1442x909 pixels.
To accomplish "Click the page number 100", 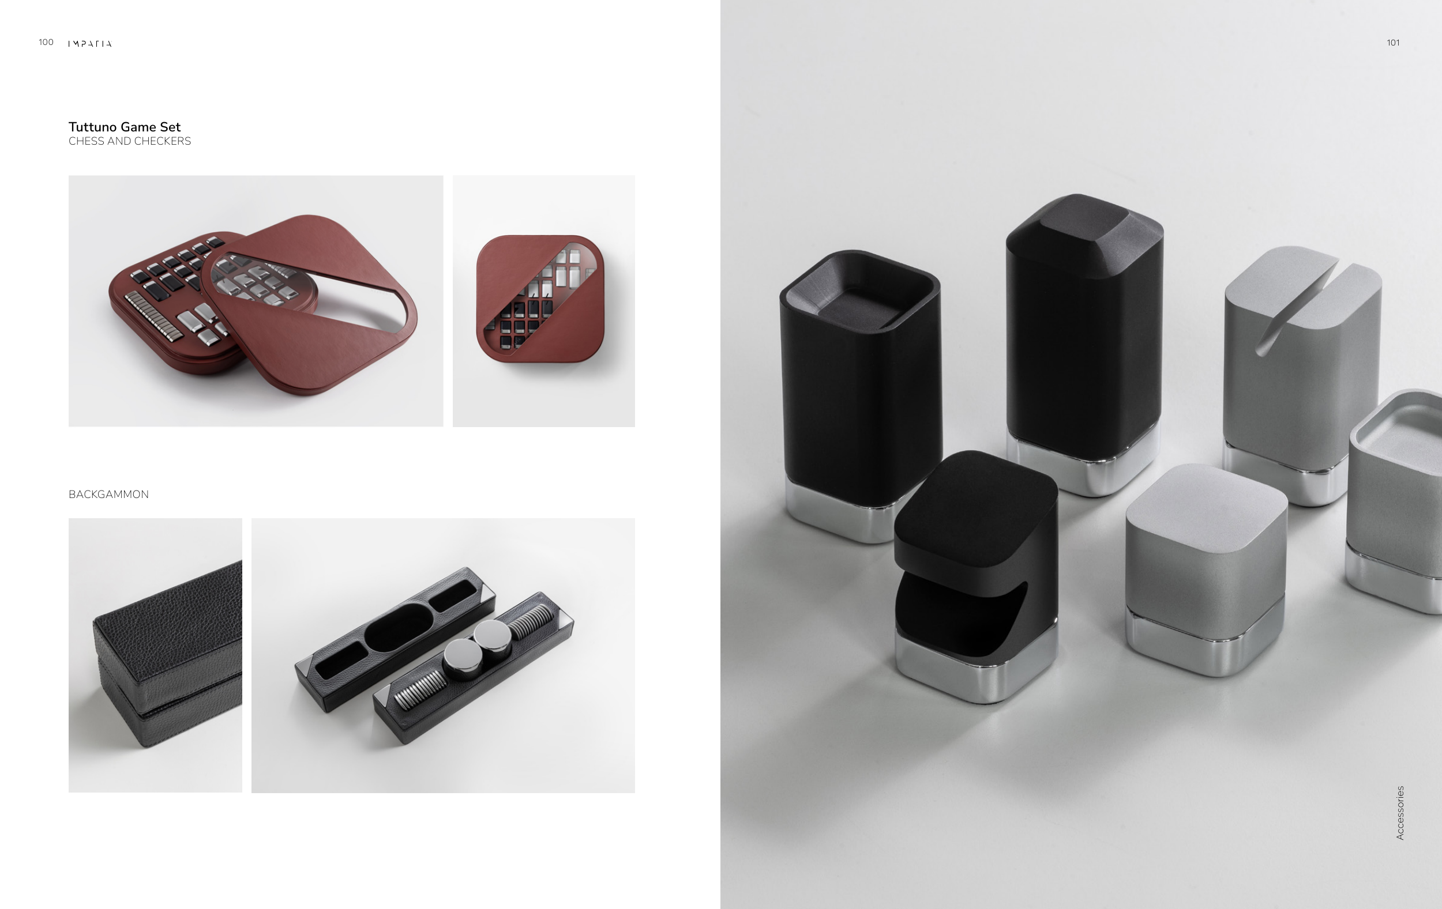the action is (46, 42).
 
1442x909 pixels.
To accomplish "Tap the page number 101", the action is (1393, 43).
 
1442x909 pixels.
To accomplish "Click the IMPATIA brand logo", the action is (90, 43).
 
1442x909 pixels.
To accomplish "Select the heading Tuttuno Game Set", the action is (125, 127).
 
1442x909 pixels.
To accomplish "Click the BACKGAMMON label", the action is (108, 495).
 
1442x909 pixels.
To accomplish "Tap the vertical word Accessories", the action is (1399, 813).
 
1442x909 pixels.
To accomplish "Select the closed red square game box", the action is (540, 299).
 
